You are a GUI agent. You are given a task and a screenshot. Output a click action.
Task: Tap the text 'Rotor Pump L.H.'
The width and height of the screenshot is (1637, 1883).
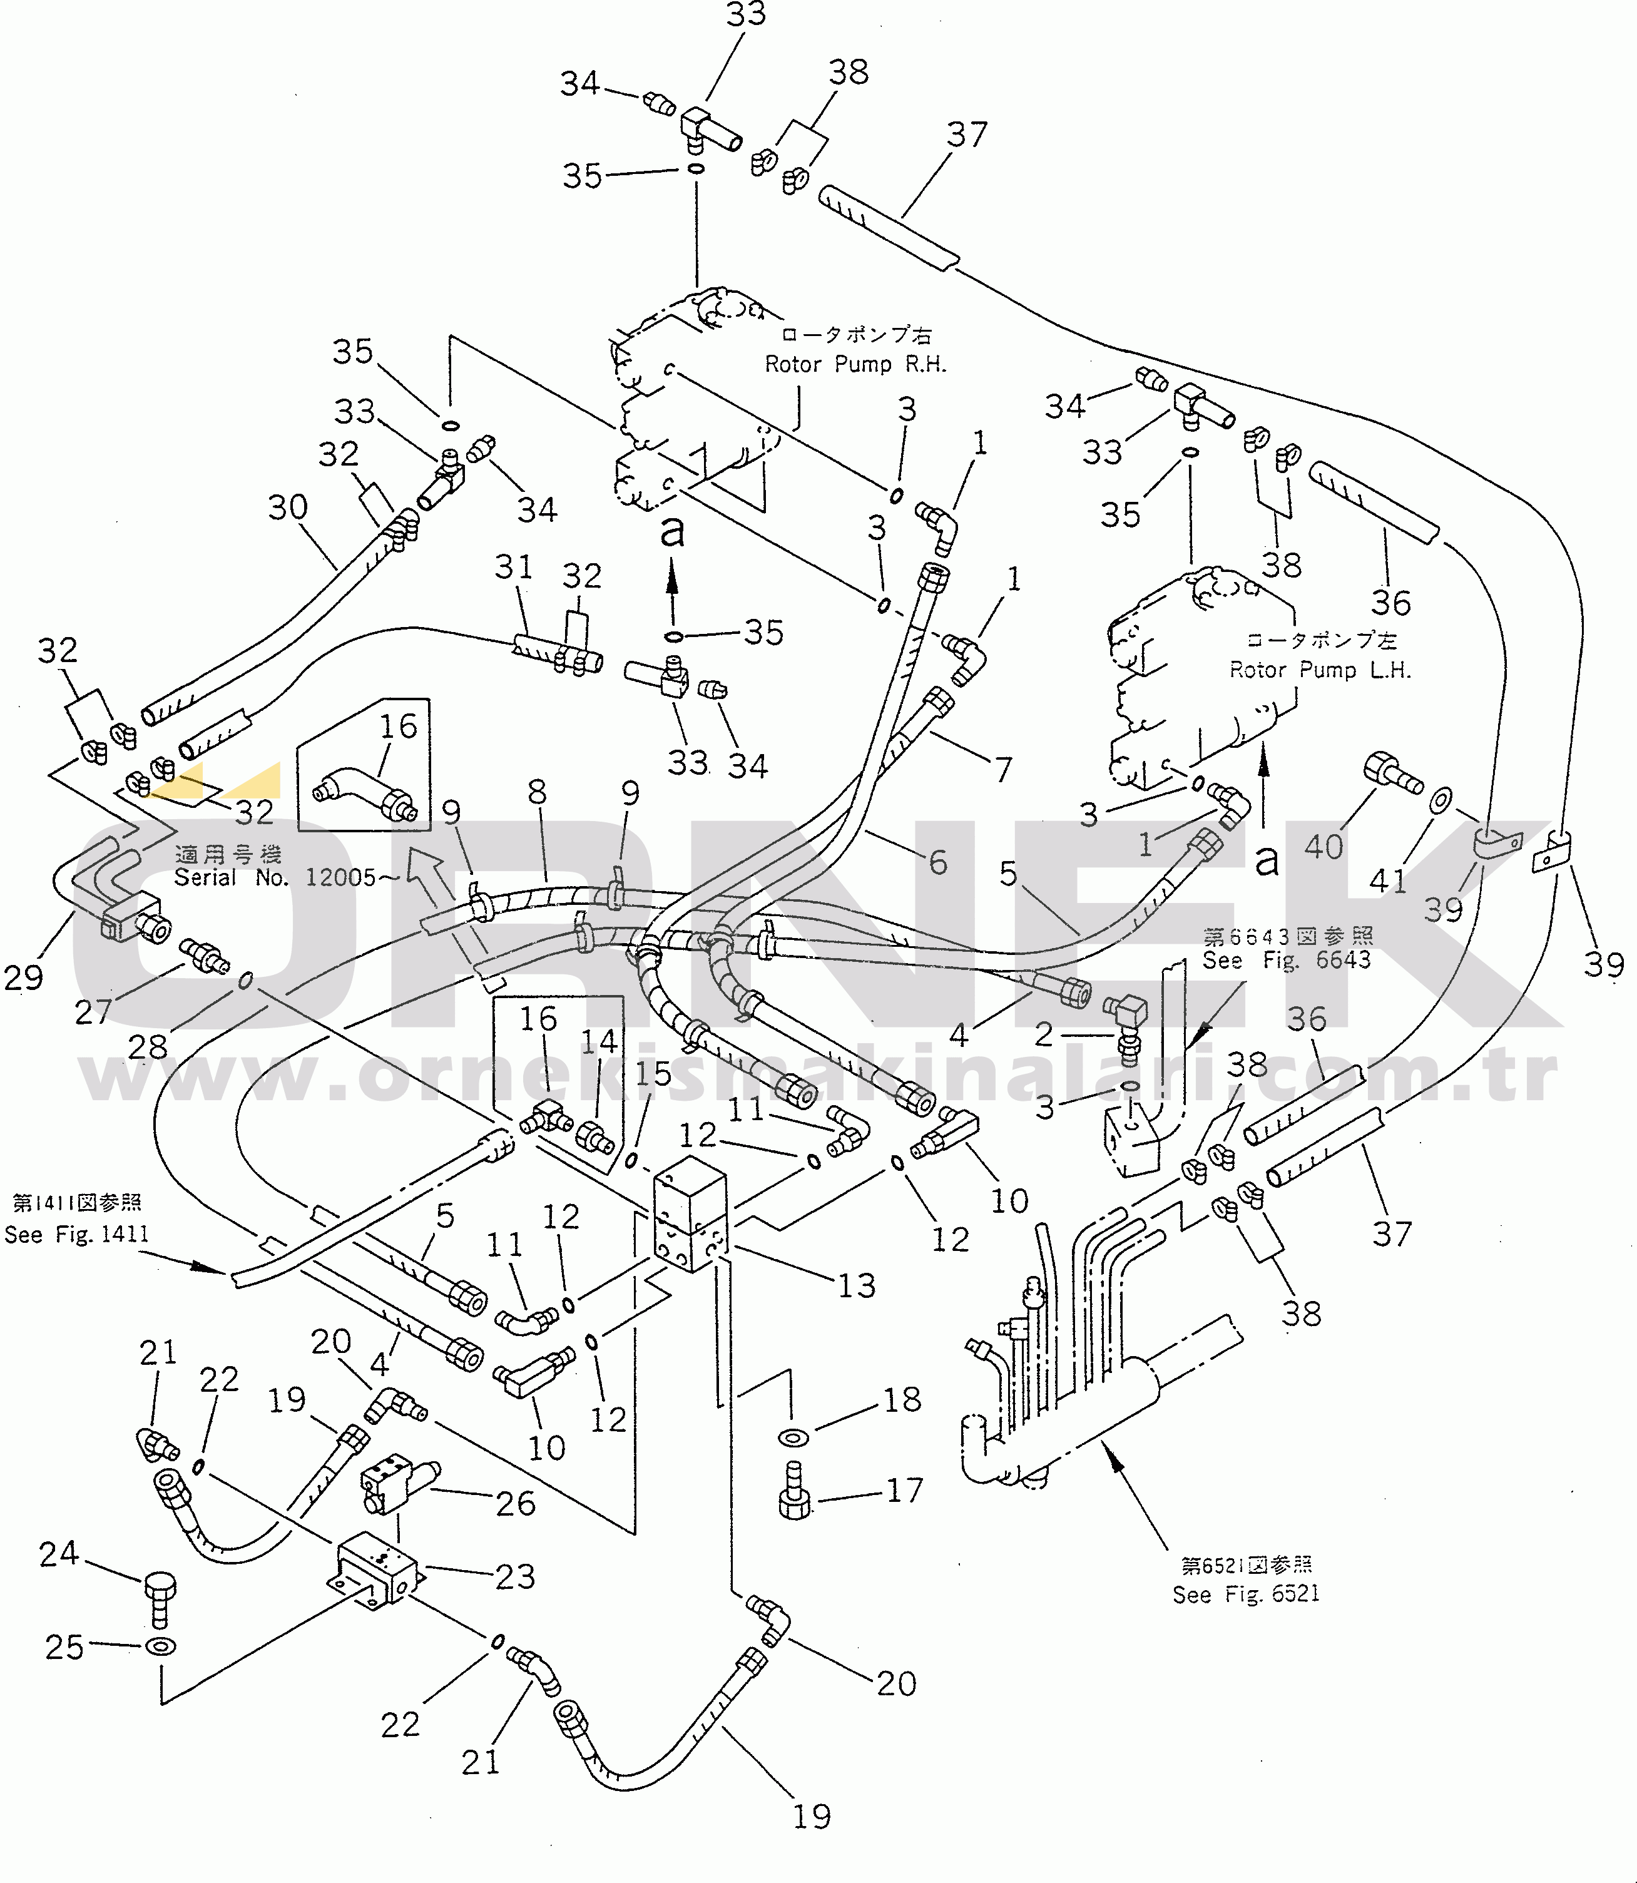coord(1319,670)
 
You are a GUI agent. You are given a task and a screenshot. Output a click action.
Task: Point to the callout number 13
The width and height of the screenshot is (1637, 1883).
coord(856,1285)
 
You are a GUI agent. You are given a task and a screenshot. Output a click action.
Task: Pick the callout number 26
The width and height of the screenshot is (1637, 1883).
coord(514,1503)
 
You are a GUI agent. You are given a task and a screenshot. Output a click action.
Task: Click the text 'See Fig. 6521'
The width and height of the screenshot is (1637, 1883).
coord(1246,1595)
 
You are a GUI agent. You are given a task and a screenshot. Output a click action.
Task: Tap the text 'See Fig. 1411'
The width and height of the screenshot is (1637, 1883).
coord(76,1234)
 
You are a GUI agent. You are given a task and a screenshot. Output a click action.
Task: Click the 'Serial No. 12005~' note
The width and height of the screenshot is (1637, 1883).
coord(286,878)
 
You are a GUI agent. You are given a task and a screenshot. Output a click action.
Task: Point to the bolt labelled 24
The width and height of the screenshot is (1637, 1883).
coord(159,1599)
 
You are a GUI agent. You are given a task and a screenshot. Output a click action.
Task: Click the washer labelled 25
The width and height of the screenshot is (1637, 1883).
coord(161,1646)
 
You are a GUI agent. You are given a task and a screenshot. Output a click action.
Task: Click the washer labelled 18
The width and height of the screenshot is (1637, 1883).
coord(792,1437)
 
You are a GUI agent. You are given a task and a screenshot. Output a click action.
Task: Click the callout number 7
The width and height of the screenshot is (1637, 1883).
coord(1003,769)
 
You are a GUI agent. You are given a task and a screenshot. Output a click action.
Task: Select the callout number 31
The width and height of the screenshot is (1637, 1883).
coord(513,566)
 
